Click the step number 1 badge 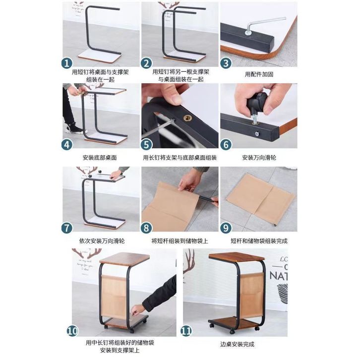coord(67,63)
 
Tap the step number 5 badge coord(146,145)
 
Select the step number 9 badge coord(226,228)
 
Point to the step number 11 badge coord(186,331)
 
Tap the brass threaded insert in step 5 coord(187,118)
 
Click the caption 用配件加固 coord(259,74)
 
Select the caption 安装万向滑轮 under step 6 coord(259,158)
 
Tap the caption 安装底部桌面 coord(100,158)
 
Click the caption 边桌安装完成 coord(237,345)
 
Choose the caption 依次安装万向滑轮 coord(102,241)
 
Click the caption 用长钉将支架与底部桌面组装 coord(180,158)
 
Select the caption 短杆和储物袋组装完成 coord(259,241)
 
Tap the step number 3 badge coord(226,63)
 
